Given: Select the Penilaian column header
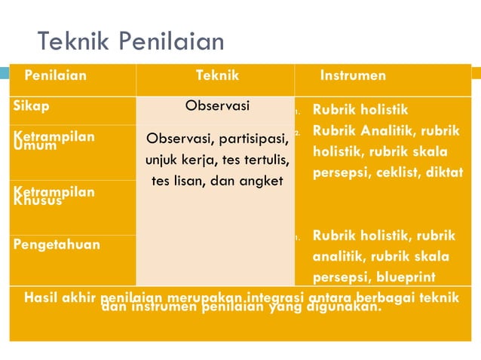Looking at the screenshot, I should [55, 76].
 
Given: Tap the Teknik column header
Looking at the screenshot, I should [217, 76].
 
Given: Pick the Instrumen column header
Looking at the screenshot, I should [353, 76].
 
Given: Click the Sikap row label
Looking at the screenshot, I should [31, 106].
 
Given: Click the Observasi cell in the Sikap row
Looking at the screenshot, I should [217, 106].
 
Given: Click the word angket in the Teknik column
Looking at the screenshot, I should [263, 181].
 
